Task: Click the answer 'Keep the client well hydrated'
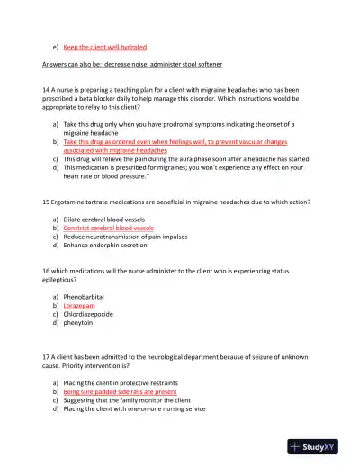coord(105,46)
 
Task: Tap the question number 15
coord(47,202)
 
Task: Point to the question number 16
coord(47,270)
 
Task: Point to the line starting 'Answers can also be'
coord(133,66)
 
